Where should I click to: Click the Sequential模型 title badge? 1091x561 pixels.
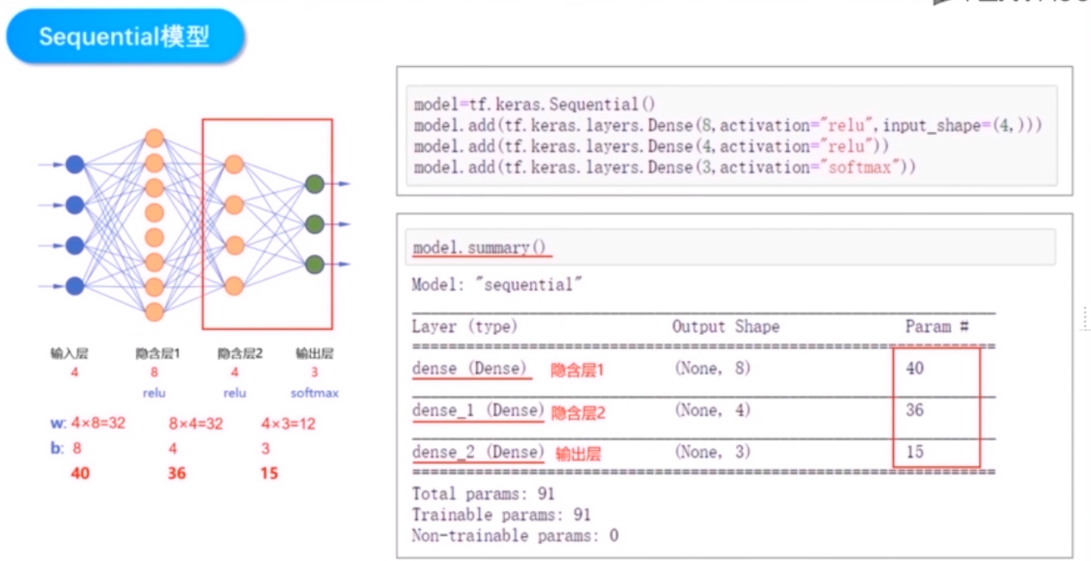124,38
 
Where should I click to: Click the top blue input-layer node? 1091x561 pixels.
75,164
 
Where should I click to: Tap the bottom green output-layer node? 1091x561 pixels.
314,264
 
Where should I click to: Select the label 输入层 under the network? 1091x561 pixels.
70,354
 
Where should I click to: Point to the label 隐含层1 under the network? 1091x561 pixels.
158,354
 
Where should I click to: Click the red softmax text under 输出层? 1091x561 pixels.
315,392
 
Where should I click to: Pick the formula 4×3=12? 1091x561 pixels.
288,423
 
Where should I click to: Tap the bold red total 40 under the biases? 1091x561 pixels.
80,473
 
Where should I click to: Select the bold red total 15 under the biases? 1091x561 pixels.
269,473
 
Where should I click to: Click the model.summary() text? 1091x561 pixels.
479,247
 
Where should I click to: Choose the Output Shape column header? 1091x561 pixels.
726,327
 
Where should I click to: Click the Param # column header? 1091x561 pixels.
937,327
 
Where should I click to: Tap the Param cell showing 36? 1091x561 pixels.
914,411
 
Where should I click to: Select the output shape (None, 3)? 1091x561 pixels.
713,452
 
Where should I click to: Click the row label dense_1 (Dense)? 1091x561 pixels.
478,411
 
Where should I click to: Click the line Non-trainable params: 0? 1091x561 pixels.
515,536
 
